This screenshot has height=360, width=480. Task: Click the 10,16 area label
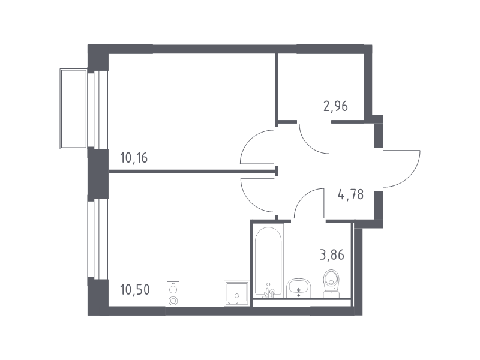[x=134, y=158]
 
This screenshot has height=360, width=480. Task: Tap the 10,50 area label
[x=135, y=289]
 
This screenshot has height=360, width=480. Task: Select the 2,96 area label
[x=335, y=106]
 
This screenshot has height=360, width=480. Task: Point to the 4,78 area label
[x=350, y=194]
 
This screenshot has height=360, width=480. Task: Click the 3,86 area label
[x=332, y=254]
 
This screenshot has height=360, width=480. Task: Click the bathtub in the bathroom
[x=268, y=261]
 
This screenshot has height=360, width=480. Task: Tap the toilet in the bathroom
[x=332, y=283]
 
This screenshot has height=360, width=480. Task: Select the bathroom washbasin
[x=298, y=288]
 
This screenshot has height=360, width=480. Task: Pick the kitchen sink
[x=236, y=293]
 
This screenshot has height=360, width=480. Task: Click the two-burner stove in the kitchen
[x=173, y=294]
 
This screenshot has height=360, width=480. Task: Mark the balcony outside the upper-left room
[x=73, y=109]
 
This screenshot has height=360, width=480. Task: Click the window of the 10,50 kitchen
[x=98, y=239]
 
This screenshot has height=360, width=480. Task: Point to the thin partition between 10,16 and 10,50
[x=191, y=172]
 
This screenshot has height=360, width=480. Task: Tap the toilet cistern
[x=332, y=295]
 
